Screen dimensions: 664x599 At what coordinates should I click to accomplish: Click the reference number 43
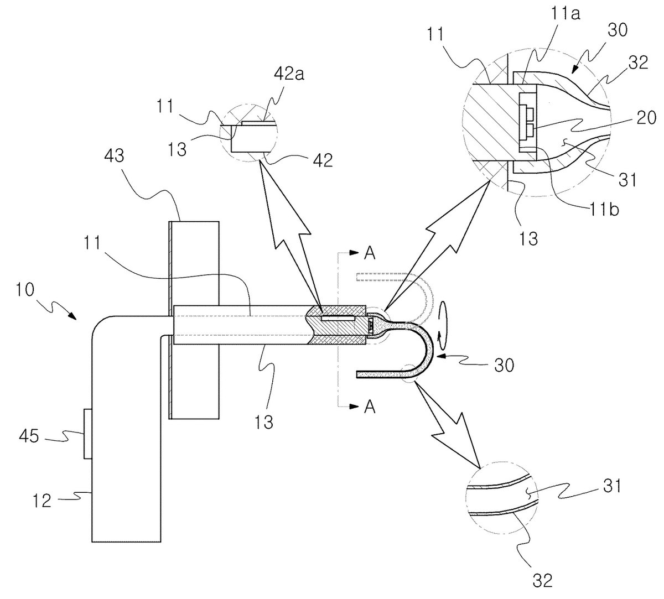[x=114, y=155]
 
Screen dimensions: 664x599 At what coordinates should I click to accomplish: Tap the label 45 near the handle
[x=29, y=436]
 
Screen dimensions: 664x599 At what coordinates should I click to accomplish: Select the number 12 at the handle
[x=42, y=501]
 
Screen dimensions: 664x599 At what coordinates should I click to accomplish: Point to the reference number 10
[x=25, y=290]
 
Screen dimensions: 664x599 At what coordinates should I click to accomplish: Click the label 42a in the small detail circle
[x=289, y=75]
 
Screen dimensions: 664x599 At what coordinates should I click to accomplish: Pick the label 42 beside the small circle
[x=323, y=160]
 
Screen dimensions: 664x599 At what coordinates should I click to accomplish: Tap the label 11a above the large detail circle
[x=565, y=14]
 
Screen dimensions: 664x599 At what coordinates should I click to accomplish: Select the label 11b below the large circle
[x=604, y=209]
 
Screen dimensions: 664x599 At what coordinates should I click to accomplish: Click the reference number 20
[x=646, y=118]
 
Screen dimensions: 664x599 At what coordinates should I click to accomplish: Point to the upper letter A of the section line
[x=370, y=253]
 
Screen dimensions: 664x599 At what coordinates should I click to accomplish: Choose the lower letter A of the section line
[x=370, y=407]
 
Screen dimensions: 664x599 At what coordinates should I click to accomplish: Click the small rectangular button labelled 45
[x=88, y=434]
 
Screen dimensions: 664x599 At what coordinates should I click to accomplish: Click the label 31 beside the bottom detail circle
[x=611, y=486]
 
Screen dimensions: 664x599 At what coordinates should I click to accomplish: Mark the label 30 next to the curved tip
[x=504, y=365]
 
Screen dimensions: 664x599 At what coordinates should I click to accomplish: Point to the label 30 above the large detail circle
[x=618, y=30]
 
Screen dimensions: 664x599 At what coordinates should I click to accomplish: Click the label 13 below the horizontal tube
[x=264, y=421]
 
